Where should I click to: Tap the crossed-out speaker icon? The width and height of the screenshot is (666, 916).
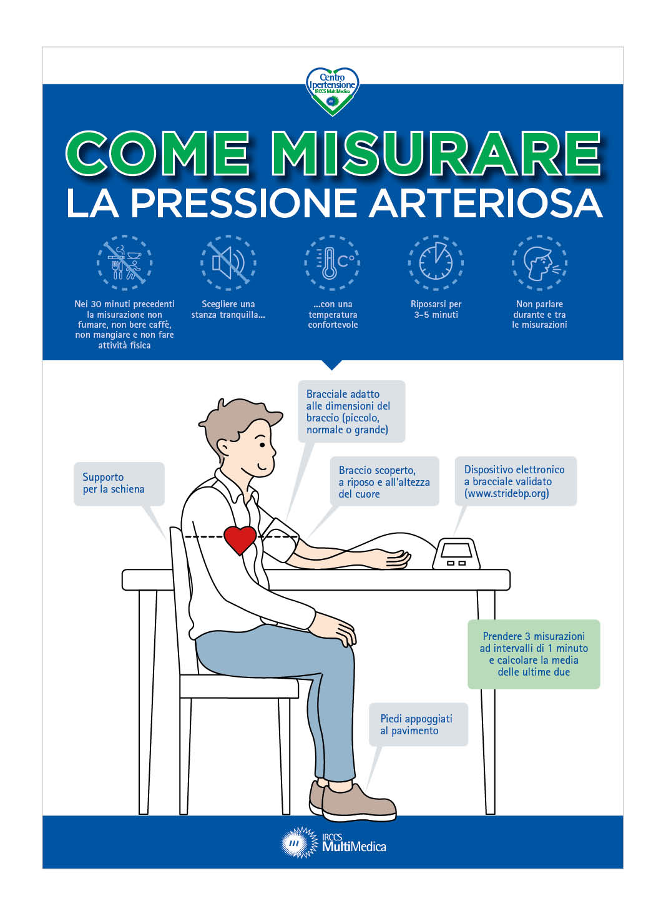[x=228, y=262]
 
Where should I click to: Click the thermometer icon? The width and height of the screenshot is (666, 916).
[x=332, y=262]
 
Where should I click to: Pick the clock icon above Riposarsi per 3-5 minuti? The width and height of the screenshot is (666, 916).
[x=436, y=262]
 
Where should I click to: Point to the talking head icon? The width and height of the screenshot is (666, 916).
[x=539, y=262]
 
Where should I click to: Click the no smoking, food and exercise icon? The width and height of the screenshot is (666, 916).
[x=124, y=262]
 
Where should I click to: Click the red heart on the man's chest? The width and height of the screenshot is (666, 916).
[x=240, y=539]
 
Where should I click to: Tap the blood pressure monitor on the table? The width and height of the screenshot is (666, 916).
[x=456, y=554]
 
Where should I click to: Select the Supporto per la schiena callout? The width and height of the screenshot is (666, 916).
[x=119, y=483]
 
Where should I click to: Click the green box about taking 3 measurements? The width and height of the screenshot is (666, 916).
[x=534, y=654]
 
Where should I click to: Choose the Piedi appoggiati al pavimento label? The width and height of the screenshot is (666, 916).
[x=416, y=724]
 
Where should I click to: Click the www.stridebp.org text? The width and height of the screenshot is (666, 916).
[x=506, y=493]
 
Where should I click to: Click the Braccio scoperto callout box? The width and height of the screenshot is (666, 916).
[x=384, y=481]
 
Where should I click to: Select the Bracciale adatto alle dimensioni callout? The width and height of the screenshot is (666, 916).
[x=351, y=411]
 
